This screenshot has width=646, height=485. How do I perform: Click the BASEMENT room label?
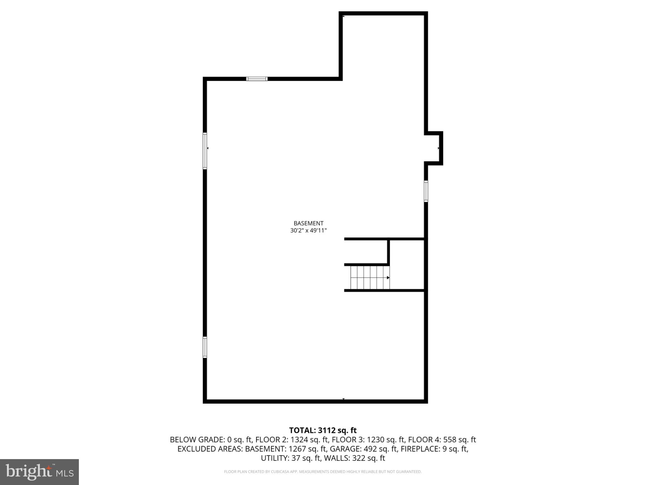[x=308, y=223]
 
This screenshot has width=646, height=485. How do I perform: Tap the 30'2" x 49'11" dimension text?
[x=308, y=231]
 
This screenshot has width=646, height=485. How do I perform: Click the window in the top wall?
[x=257, y=79]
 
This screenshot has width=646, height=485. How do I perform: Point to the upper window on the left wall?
[x=205, y=151]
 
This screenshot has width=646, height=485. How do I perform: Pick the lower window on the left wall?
[x=205, y=347]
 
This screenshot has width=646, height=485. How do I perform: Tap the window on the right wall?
[x=426, y=191]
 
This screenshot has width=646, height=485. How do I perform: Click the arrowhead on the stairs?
[x=388, y=278]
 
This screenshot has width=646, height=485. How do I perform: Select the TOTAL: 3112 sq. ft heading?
[x=323, y=430]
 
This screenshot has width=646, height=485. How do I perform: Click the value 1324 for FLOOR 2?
[x=298, y=440]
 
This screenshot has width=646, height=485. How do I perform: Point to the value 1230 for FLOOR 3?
[x=374, y=440]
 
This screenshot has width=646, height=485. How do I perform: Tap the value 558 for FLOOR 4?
[x=449, y=440]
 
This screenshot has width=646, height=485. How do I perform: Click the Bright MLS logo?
[x=39, y=472]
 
